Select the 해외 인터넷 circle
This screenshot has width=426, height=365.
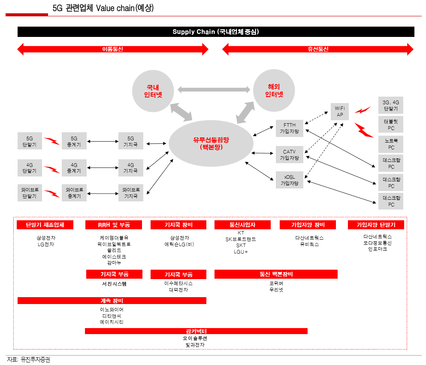[x=274, y=90]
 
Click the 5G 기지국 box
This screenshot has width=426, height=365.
[x=131, y=142]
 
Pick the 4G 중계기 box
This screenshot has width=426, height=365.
[x=74, y=167]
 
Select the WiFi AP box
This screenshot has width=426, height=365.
[x=340, y=112]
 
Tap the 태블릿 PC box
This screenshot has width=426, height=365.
[x=391, y=125]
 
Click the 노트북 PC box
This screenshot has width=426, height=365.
[x=391, y=144]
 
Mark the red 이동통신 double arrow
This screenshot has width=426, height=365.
[x=112, y=49]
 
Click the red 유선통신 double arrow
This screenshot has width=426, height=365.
[x=318, y=49]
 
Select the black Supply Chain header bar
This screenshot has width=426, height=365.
[x=216, y=32]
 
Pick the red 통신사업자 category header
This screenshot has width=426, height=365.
[x=242, y=225]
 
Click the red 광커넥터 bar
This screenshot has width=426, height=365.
[x=196, y=331]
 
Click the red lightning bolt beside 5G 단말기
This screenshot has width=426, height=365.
[x=52, y=141]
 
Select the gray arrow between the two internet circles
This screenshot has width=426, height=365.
[x=214, y=89]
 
